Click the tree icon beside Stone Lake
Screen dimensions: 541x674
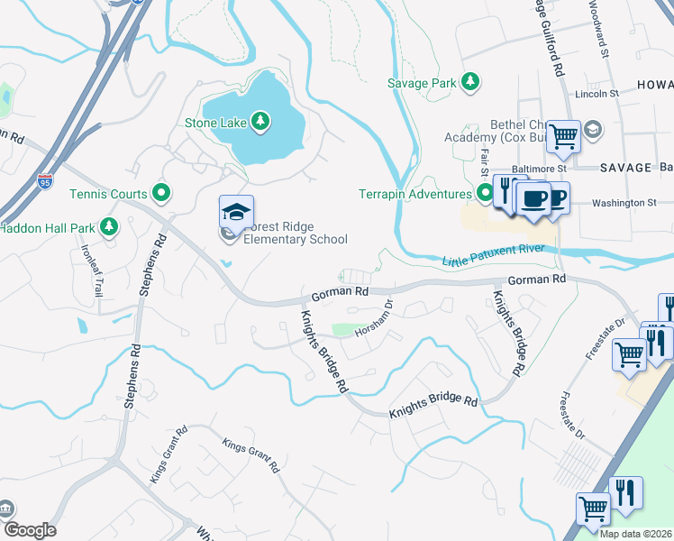click(x=260, y=120)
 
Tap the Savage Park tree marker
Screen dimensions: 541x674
click(x=469, y=82)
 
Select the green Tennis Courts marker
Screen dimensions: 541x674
click(x=162, y=192)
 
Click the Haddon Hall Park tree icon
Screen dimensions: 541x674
click(x=110, y=225)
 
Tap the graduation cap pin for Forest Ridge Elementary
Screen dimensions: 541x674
click(x=236, y=214)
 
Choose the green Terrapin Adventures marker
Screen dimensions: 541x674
click(x=486, y=193)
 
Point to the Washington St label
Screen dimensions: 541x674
click(x=624, y=203)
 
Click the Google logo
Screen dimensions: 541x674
click(x=29, y=530)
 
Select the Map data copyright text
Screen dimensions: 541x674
click(x=635, y=534)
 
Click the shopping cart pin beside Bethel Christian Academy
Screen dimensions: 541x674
click(x=564, y=138)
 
